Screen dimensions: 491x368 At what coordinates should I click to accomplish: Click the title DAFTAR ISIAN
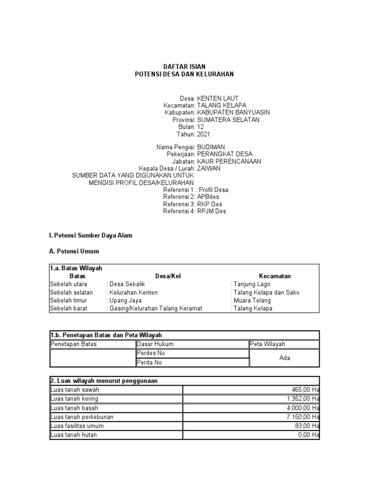click(x=184, y=66)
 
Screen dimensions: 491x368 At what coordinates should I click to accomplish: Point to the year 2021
click(x=204, y=134)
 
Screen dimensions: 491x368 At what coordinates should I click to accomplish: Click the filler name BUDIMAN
click(x=211, y=147)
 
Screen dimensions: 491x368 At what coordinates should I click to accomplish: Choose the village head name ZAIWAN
click(x=209, y=168)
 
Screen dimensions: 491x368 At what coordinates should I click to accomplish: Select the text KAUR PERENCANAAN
click(x=229, y=161)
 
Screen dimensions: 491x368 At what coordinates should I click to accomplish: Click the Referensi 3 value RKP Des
click(x=210, y=204)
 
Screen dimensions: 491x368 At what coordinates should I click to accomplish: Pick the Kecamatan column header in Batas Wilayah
click(x=275, y=276)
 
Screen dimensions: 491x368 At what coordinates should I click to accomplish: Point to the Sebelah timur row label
click(x=69, y=300)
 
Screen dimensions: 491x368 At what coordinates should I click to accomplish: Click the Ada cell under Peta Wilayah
click(x=284, y=358)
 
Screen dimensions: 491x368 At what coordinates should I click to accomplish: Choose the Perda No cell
click(x=149, y=362)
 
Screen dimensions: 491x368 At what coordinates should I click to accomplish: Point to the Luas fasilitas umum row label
click(x=77, y=426)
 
